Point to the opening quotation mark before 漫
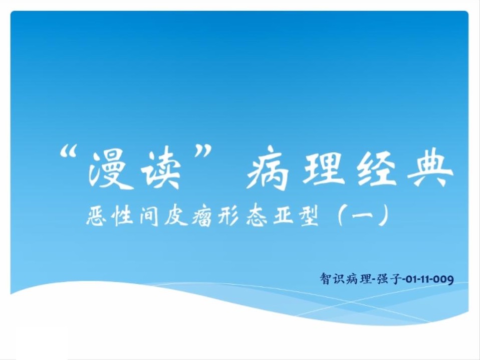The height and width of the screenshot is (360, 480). pos(69,152)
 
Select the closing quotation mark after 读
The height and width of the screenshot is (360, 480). pos(202,152)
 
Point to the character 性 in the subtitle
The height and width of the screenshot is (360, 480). pos(123,216)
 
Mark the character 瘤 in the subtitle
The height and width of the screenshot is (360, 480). pos(202,216)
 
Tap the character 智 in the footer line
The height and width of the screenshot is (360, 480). pos(326,279)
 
